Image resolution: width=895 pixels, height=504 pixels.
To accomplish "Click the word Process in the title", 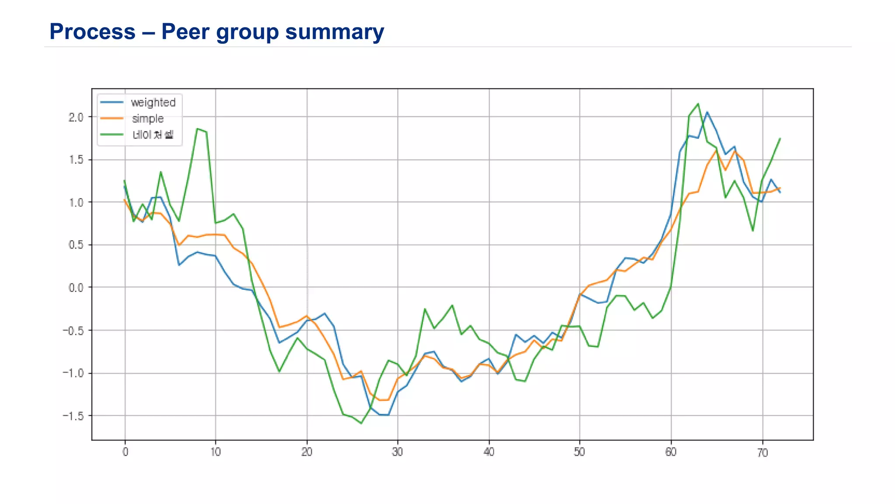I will [92, 31].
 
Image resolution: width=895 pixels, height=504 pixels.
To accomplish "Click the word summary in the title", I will [334, 31].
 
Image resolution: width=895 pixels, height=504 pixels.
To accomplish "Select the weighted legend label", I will [153, 102].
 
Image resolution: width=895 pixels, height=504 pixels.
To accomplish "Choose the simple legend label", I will [148, 119].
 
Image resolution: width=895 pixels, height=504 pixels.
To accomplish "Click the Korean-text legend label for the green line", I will [153, 134].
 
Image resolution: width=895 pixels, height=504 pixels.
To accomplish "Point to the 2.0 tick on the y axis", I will [76, 117].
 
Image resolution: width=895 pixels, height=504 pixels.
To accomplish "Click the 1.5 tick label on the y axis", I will [76, 160].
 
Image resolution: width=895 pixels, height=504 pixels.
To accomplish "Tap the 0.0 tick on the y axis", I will [76, 288].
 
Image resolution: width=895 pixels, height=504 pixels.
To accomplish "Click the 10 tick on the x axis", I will [215, 452].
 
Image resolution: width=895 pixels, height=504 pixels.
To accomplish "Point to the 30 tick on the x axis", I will [397, 452].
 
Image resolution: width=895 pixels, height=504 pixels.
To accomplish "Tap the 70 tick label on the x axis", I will [762, 453].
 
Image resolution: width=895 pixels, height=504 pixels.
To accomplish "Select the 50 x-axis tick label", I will [579, 452].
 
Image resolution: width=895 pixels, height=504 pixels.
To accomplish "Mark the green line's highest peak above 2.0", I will [698, 104].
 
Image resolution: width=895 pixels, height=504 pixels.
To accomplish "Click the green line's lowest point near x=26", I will [361, 423].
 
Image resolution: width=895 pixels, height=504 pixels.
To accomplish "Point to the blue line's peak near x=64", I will [707, 112].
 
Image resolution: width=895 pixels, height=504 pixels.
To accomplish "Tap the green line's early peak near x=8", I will [198, 129].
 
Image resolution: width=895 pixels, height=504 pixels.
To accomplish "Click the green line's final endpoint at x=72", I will [780, 138].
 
